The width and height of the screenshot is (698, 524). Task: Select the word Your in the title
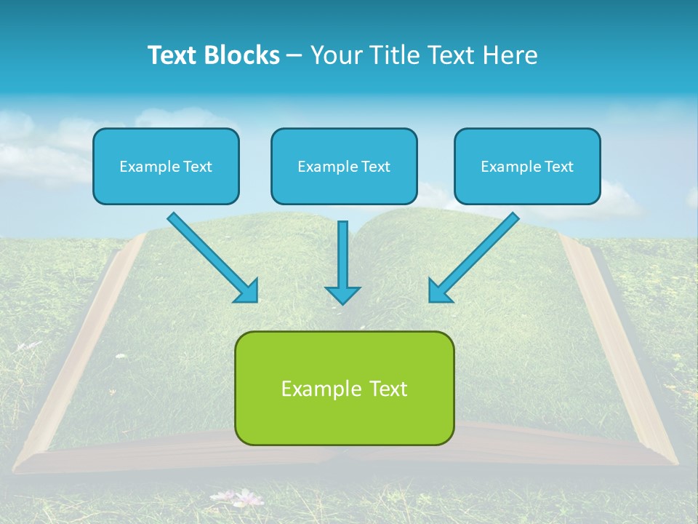[x=335, y=55]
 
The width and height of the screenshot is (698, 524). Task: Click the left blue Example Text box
[x=166, y=166]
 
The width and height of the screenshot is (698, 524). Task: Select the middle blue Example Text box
[x=344, y=166]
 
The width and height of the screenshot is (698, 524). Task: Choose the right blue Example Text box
[x=527, y=166]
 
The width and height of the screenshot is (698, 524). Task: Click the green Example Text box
[x=344, y=388]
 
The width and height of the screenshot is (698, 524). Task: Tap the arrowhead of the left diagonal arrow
[x=246, y=290]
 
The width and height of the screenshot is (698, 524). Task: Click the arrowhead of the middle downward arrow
[x=342, y=294]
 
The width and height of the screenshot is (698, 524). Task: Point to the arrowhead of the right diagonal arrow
[x=440, y=290]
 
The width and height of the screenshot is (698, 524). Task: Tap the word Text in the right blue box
[x=558, y=167]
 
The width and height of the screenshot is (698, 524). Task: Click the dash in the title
[x=294, y=56]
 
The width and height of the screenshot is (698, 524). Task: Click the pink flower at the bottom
[x=248, y=498]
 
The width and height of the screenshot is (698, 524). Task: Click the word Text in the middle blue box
[x=375, y=167]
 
